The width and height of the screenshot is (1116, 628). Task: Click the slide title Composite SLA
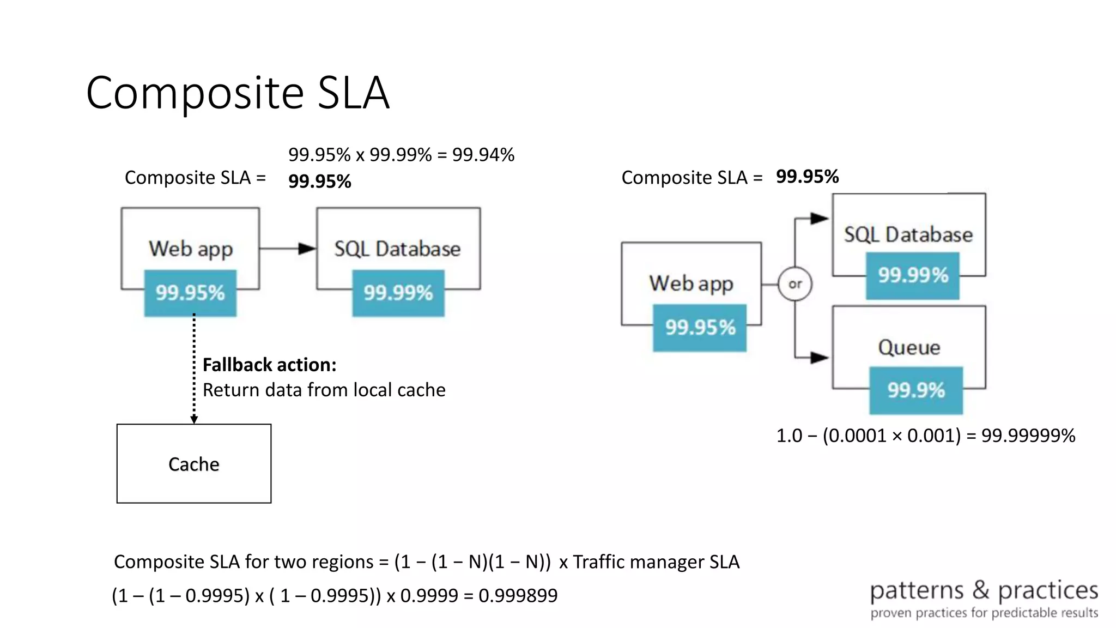(x=238, y=93)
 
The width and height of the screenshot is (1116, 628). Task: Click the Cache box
(x=194, y=464)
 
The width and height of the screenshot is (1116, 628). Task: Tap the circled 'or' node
(x=795, y=284)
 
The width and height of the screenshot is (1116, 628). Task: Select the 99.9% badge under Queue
(x=916, y=390)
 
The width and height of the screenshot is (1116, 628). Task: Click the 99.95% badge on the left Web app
(x=190, y=293)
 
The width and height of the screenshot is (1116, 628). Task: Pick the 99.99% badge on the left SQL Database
(x=398, y=293)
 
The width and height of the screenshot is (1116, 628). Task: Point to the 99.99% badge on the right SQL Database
(x=913, y=275)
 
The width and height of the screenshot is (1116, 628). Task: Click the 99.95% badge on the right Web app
(x=700, y=328)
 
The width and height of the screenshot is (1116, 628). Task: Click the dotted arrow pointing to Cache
(x=194, y=371)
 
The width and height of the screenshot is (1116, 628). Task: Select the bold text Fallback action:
(x=269, y=365)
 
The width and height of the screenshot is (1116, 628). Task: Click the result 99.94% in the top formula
(x=483, y=155)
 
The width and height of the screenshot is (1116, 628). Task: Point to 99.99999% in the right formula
(x=1028, y=436)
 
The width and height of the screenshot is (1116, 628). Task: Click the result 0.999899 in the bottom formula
(x=518, y=595)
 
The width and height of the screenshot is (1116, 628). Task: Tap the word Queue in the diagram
(x=909, y=347)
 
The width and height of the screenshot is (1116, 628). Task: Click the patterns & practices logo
(x=984, y=599)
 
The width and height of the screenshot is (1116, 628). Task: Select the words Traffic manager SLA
(x=656, y=562)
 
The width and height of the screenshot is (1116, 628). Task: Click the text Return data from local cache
(x=324, y=390)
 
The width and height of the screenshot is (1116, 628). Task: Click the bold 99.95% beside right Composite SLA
(x=807, y=177)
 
